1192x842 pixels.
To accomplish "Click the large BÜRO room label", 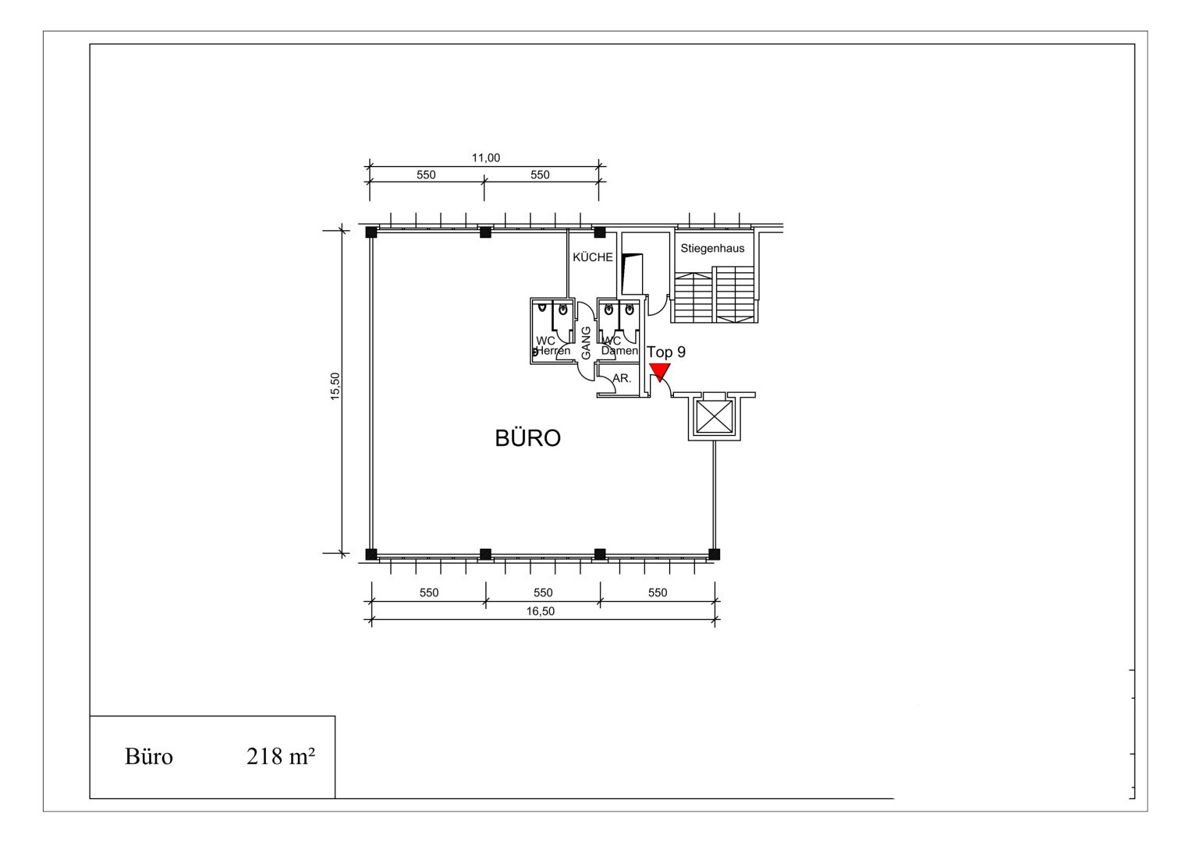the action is click(527, 437).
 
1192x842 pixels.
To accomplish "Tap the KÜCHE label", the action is click(593, 257).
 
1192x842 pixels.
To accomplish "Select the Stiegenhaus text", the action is click(712, 249).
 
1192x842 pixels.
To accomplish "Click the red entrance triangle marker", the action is click(660, 372).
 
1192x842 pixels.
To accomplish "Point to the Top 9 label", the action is click(666, 352).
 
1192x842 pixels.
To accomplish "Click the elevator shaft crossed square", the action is click(715, 417).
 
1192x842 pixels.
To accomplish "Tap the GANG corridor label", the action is click(586, 343).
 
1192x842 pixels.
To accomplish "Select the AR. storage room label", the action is click(622, 379).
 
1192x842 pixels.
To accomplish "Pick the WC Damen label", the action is click(619, 345).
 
